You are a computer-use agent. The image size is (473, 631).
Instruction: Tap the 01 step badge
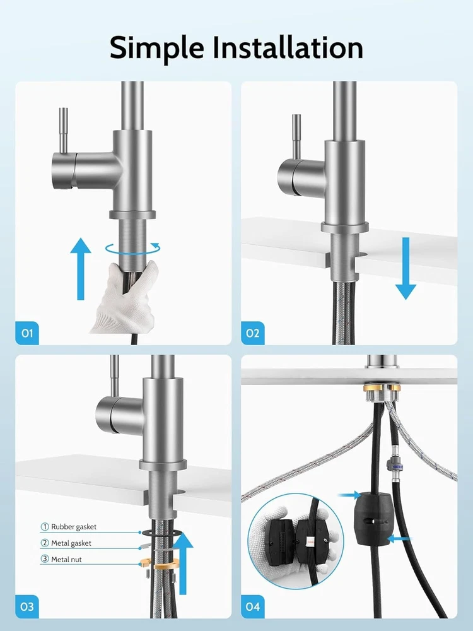coord(27,333)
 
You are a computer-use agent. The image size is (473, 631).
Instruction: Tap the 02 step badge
coord(253,333)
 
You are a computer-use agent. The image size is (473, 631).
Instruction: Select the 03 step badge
coord(27,606)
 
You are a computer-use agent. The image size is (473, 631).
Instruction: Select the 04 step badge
coord(253,606)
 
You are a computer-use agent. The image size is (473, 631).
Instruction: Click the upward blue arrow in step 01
coord(81,268)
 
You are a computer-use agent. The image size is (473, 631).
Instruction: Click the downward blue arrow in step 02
coord(406,268)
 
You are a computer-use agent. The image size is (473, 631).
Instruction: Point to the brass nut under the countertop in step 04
coord(382,388)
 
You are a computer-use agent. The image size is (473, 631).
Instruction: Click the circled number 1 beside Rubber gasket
coord(45,527)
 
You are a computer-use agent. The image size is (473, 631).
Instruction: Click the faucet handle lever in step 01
coord(63,131)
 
